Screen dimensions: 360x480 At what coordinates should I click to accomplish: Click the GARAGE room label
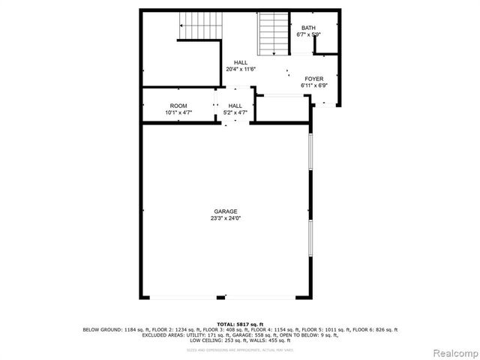pos(225,211)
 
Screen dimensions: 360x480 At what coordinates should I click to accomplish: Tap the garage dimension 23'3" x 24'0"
pos(225,218)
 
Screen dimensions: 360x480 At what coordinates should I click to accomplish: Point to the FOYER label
pos(313,79)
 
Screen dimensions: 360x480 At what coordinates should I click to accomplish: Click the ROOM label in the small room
pos(178,106)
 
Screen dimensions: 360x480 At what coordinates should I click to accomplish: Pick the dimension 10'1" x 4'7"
pos(178,112)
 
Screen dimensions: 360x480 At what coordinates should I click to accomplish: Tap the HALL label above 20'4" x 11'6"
pos(240,62)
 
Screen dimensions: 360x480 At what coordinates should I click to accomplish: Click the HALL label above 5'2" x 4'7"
pos(235,106)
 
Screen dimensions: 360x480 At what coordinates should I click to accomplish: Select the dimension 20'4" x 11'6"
pos(240,69)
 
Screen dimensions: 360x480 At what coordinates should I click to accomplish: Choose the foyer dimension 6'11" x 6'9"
pos(313,85)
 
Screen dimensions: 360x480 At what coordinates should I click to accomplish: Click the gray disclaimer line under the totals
pos(240,348)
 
